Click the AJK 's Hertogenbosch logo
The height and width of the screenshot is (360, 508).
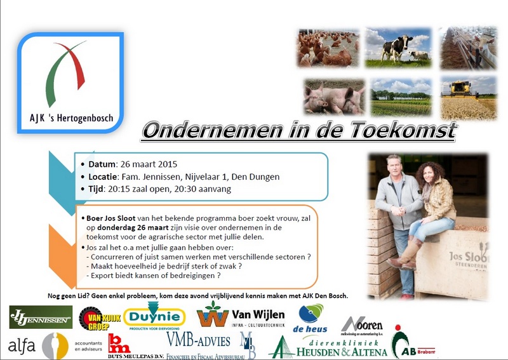(x=74, y=81)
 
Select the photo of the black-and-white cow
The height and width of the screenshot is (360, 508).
(x=399, y=48)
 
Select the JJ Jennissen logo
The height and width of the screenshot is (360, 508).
(x=41, y=317)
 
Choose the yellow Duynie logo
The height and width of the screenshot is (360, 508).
(x=154, y=317)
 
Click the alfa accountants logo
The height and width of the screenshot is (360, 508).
(x=48, y=346)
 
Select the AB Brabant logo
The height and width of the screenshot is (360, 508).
(x=413, y=345)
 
